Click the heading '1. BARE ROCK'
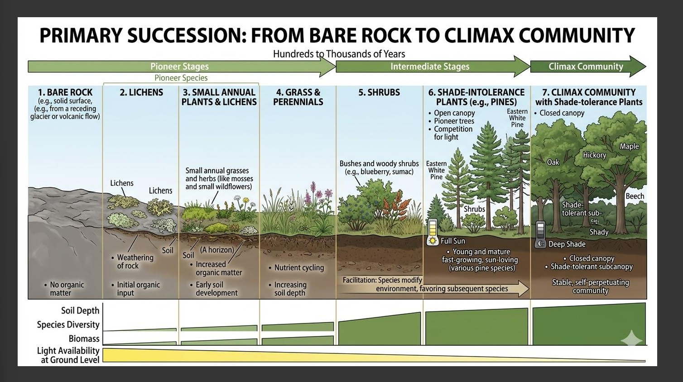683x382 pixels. tap(65, 92)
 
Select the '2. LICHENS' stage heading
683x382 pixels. tap(141, 92)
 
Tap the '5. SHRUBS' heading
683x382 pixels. tap(379, 92)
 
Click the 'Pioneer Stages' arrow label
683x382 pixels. tap(179, 67)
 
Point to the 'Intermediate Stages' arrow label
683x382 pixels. tap(430, 67)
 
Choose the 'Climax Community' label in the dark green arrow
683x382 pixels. tap(586, 67)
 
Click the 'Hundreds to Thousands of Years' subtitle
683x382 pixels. tap(339, 54)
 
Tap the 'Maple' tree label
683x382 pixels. tap(629, 146)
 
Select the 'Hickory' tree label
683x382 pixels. tap(594, 155)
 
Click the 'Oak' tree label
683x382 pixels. tap(553, 162)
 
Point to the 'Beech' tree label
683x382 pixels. tap(635, 196)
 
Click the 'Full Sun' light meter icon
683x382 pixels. tap(433, 232)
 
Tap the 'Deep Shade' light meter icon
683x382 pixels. tap(540, 235)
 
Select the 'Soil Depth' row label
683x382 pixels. tap(80, 310)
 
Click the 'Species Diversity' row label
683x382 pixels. tap(68, 325)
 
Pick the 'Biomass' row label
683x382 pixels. tap(84, 339)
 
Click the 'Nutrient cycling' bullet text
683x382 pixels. tap(299, 267)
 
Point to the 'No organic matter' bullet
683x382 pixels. tap(66, 289)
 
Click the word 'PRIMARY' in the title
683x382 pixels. tap(81, 35)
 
